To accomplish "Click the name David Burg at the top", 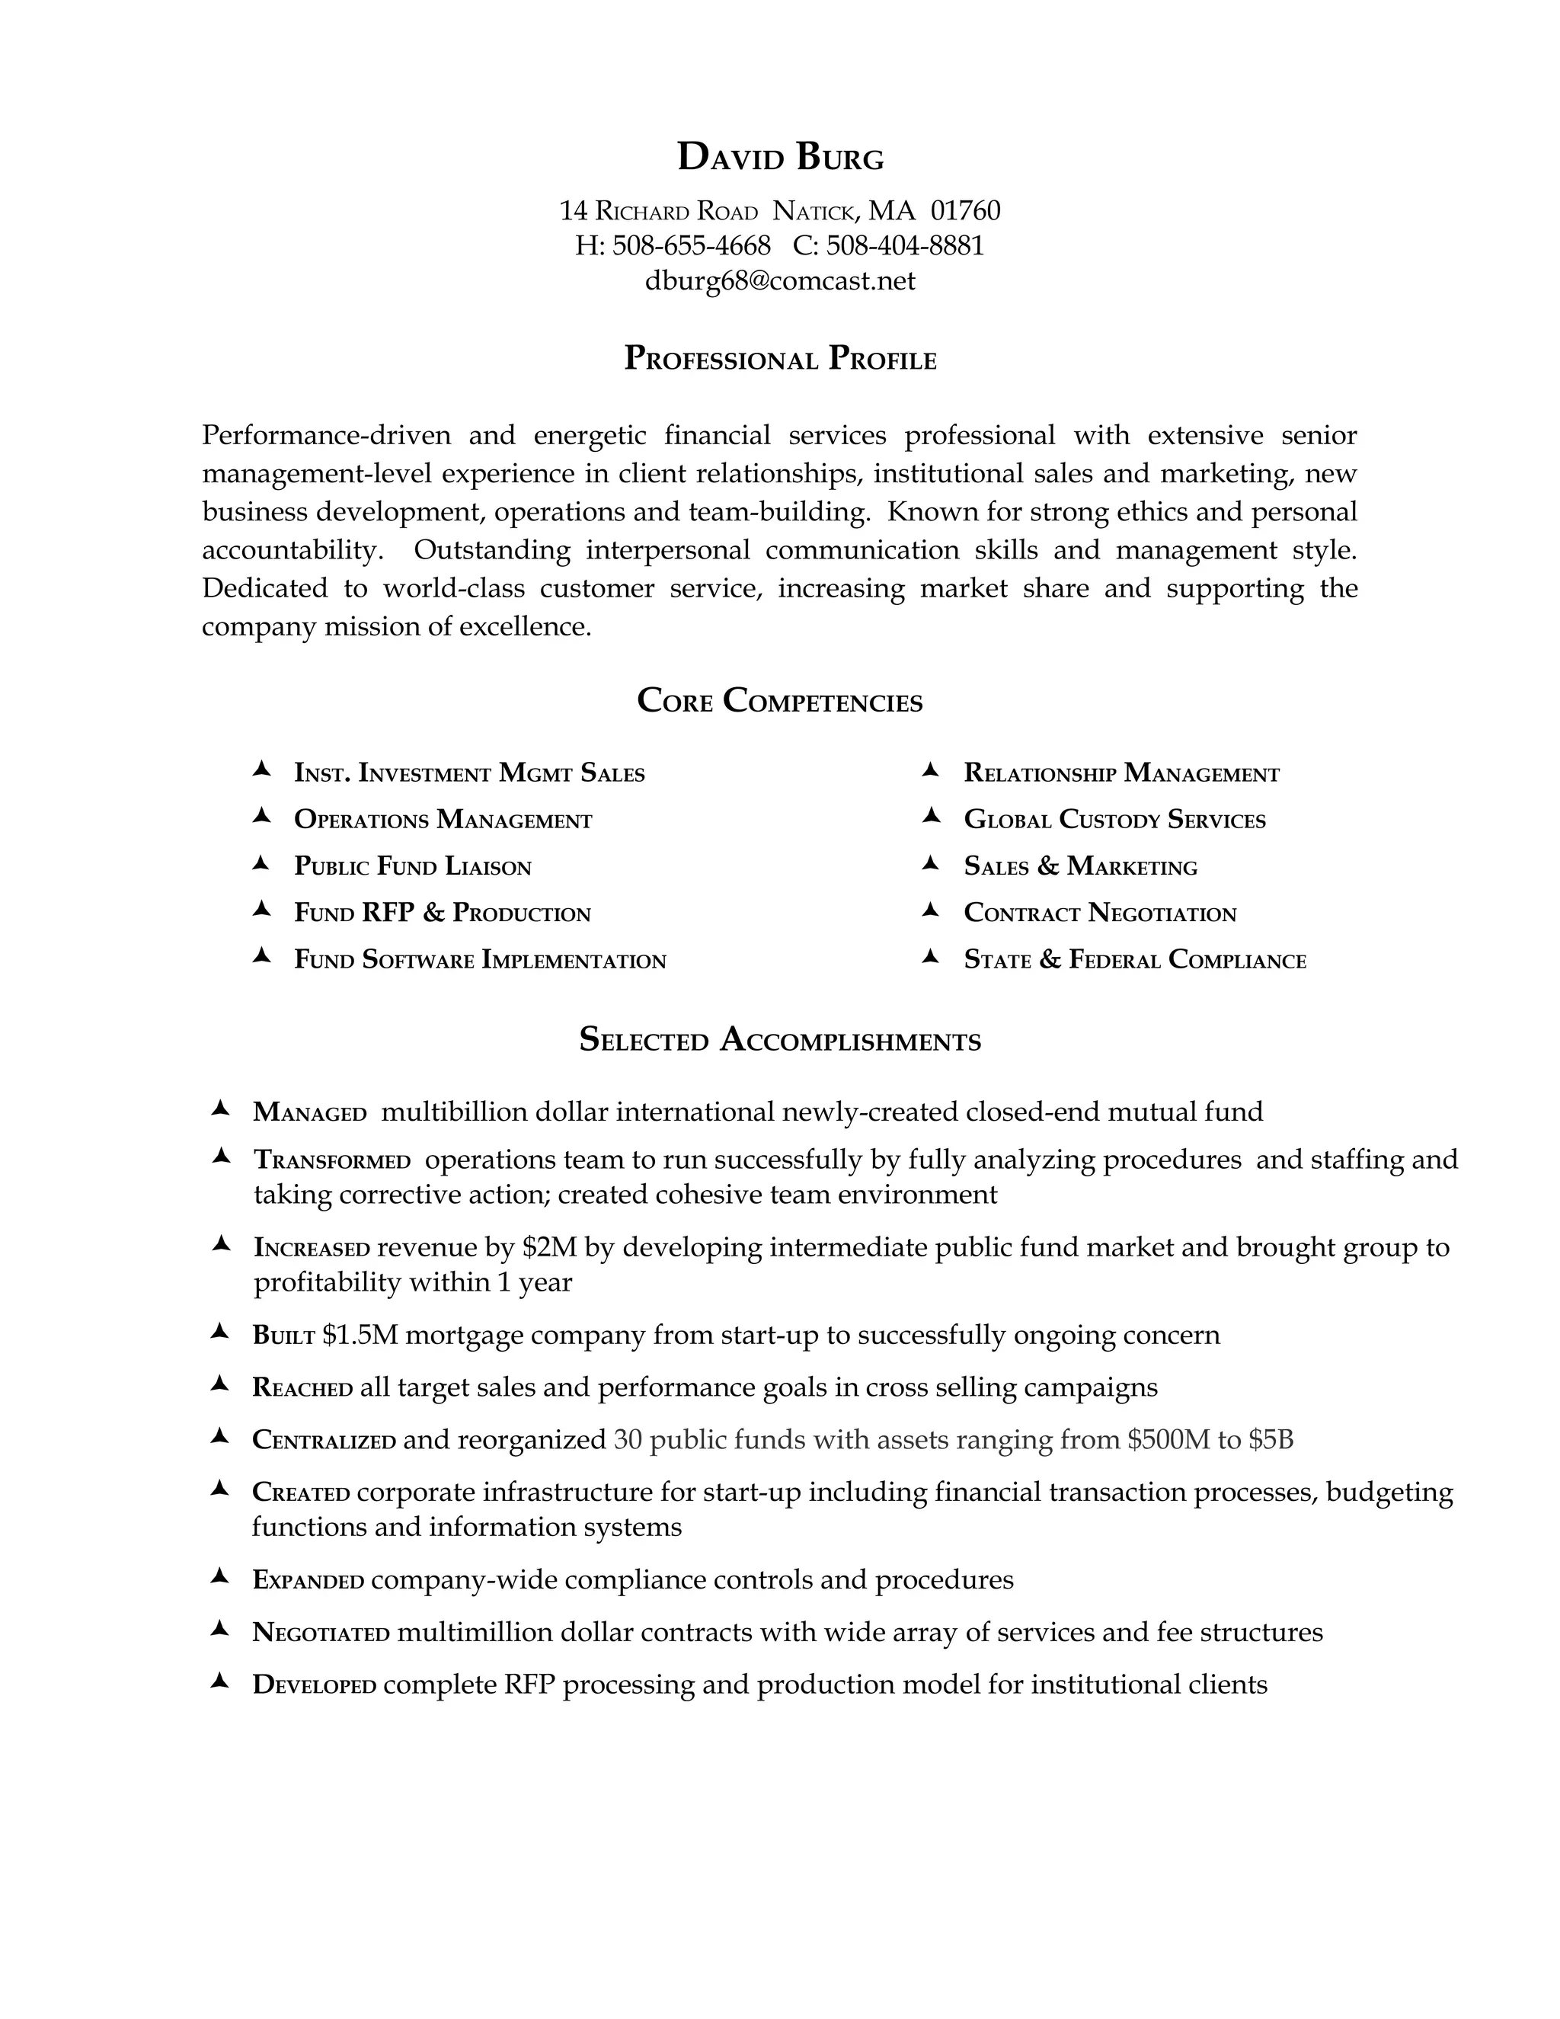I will point(780,157).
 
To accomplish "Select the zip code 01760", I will point(965,211).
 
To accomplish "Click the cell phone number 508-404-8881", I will point(905,246).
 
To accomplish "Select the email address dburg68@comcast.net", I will point(780,281).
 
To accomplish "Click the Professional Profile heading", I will point(780,359).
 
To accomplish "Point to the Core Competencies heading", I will point(780,701).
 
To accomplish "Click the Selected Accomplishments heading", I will point(780,1040).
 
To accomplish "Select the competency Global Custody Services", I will point(1114,820).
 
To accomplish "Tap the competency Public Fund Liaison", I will point(412,867).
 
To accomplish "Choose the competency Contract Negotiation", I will point(1100,914).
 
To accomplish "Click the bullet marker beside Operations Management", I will point(261,816).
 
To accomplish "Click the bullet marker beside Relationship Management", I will point(931,770).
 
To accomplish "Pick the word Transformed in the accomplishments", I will point(332,1160).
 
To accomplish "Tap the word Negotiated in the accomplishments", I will point(321,1633).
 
